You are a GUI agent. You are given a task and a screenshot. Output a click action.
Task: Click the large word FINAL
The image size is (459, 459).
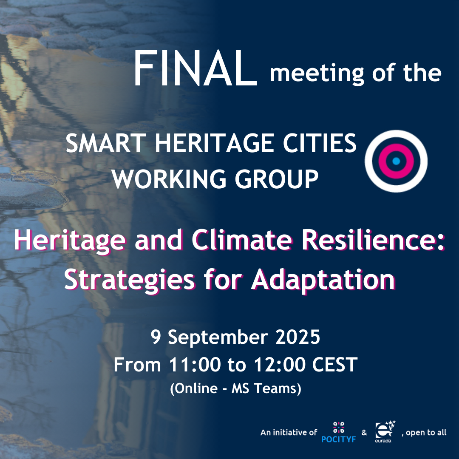tap(195, 68)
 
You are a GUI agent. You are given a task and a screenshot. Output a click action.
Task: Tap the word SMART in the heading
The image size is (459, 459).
tap(106, 143)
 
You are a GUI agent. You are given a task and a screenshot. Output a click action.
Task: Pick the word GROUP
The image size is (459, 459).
tap(277, 179)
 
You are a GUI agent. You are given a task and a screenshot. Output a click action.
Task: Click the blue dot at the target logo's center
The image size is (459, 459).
tap(396, 161)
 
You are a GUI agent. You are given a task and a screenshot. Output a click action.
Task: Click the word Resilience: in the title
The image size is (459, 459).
tap(373, 240)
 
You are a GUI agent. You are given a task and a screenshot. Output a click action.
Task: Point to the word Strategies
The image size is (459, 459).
tap(129, 280)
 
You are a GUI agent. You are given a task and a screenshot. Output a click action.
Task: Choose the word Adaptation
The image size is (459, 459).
tap(323, 280)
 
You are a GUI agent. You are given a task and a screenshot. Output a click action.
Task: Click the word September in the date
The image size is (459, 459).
tap(218, 337)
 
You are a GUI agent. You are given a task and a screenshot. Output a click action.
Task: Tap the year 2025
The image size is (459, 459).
tap(297, 337)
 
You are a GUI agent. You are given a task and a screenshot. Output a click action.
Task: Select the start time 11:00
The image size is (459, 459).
tap(195, 365)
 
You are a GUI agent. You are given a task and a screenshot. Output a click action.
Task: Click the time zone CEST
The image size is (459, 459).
tap(335, 365)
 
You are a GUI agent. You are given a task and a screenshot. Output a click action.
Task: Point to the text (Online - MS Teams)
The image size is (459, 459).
tap(235, 389)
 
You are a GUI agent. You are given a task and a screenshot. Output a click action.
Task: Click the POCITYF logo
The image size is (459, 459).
tap(338, 432)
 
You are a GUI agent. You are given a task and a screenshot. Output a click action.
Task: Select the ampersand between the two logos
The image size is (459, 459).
tap(364, 432)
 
